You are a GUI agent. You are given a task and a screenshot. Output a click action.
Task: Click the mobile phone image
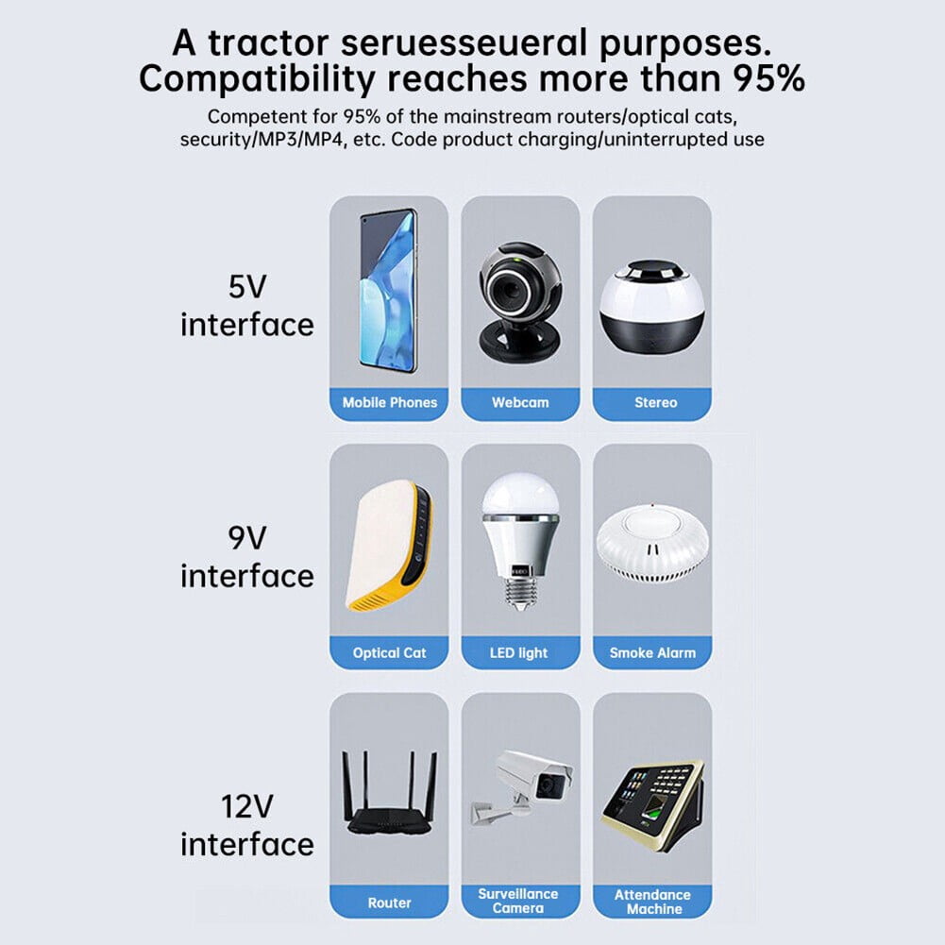tap(388, 291)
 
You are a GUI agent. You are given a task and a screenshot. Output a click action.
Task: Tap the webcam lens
tap(511, 293)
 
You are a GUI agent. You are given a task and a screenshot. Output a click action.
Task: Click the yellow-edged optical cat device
tap(389, 546)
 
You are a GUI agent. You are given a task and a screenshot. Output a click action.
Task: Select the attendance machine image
tap(652, 805)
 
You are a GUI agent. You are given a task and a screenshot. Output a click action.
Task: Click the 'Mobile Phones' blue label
tap(389, 403)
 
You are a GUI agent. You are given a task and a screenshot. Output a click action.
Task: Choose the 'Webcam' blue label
tap(520, 403)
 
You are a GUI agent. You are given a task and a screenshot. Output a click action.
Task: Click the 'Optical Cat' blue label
tap(389, 653)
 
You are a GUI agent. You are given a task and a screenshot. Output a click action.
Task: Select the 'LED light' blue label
tap(520, 653)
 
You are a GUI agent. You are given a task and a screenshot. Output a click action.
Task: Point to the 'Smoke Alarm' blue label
tap(652, 653)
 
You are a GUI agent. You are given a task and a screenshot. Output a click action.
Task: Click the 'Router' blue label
tap(389, 903)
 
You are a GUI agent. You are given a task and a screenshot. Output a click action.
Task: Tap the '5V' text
tap(247, 287)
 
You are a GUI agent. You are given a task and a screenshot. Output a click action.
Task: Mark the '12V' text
tap(247, 807)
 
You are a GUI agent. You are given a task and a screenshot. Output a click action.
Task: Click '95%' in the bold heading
tap(768, 79)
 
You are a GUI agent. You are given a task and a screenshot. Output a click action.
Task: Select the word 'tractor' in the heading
tap(268, 43)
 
